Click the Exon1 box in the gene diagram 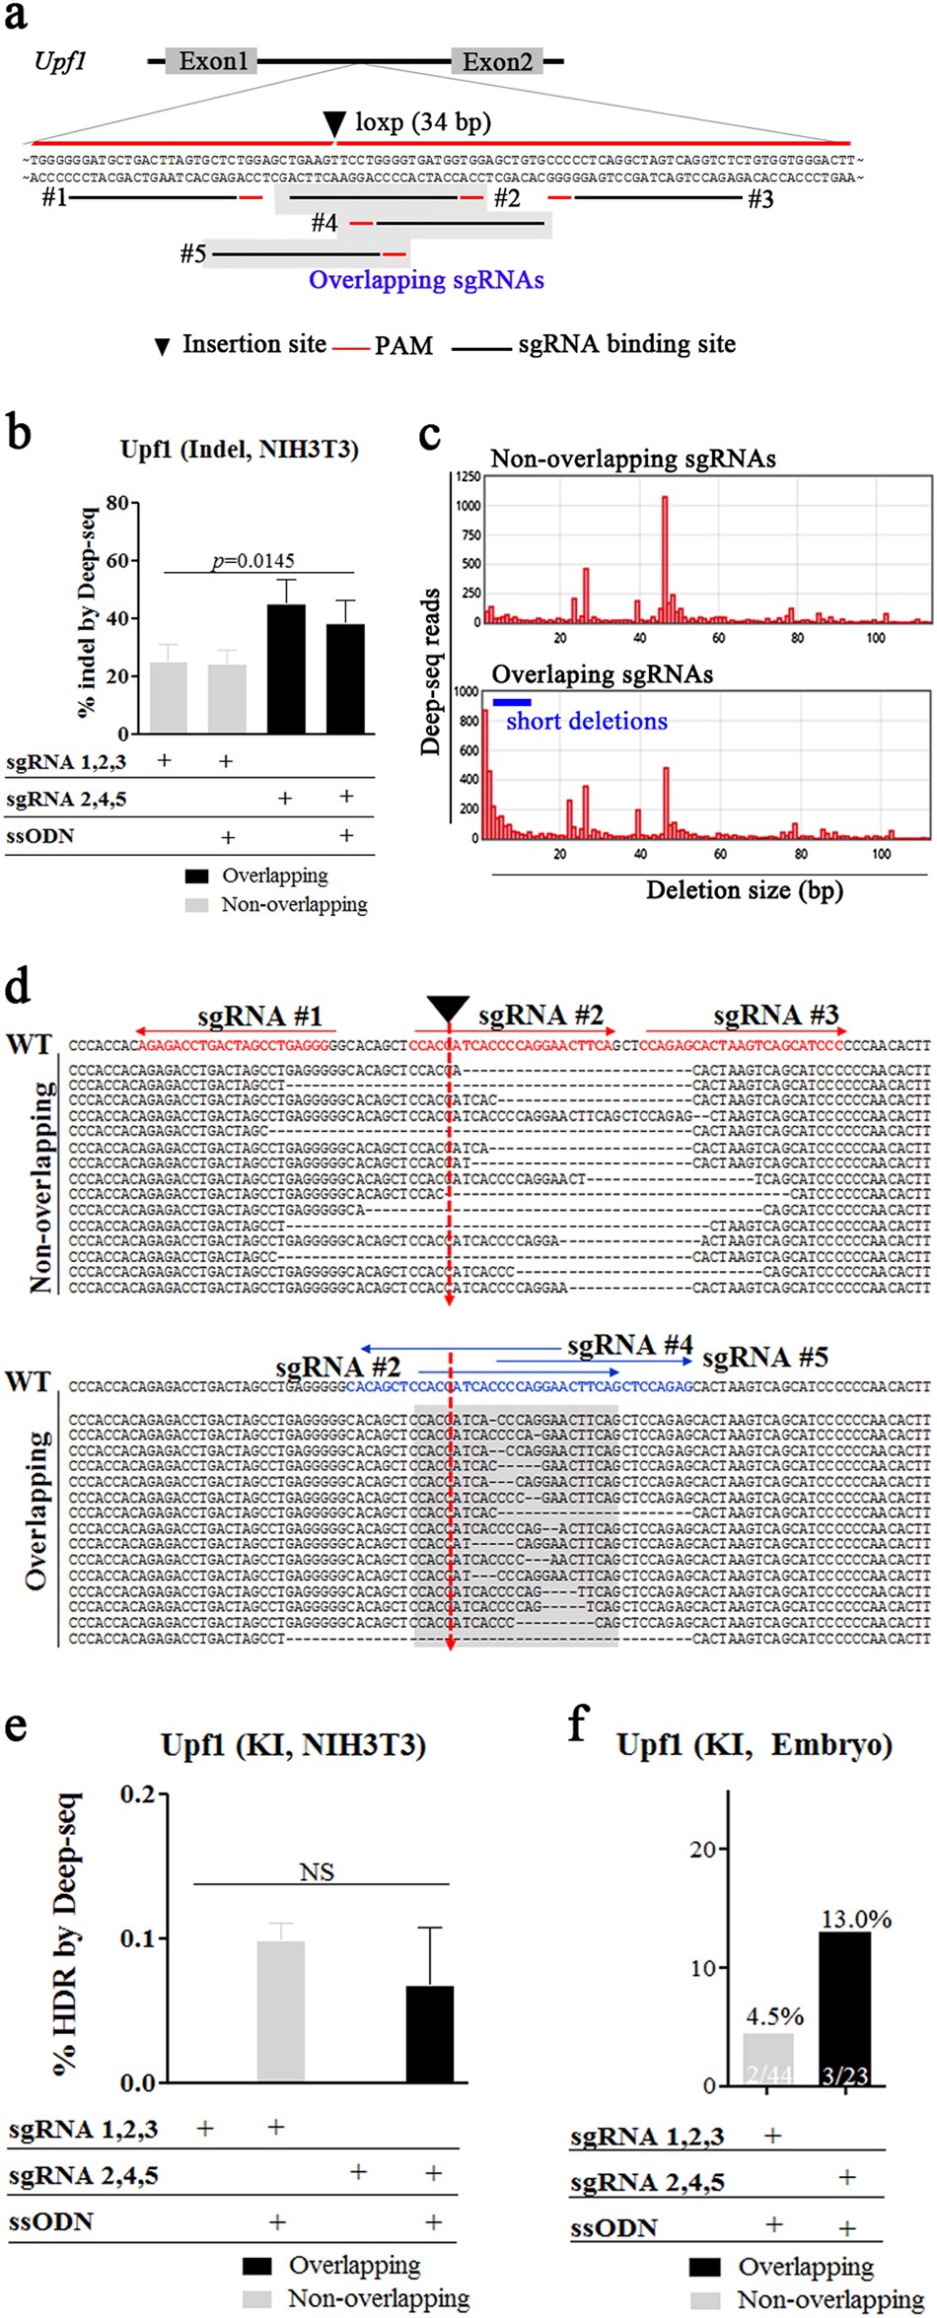tap(212, 61)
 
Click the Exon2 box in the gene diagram tap(497, 61)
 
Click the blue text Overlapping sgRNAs tap(426, 280)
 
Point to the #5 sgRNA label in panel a tap(192, 254)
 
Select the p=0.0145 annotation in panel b tap(253, 561)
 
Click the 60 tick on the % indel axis tap(116, 560)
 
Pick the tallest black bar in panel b tap(286, 668)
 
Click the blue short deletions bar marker tap(512, 702)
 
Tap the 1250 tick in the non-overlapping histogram tap(468, 477)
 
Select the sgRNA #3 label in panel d tap(775, 1016)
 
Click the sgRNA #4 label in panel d tap(629, 1346)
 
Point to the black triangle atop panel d tap(449, 1009)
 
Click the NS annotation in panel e tap(317, 1871)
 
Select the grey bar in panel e tap(280, 2011)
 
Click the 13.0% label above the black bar tap(856, 1919)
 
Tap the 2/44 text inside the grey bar tap(769, 2075)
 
